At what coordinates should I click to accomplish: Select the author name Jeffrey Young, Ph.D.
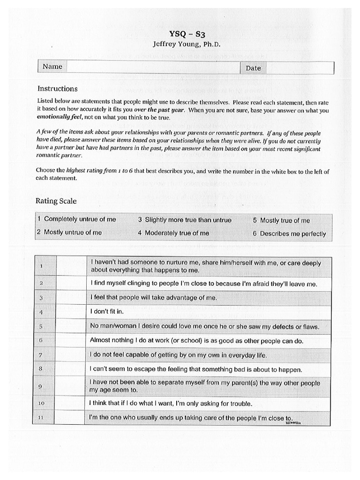pos(187,44)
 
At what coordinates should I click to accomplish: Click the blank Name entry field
pos(153,67)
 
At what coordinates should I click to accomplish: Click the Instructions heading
pos(57,89)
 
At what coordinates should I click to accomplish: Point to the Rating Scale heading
pos(56,201)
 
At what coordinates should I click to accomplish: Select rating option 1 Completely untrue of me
pos(76,219)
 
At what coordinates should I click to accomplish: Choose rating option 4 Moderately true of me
pos(173,233)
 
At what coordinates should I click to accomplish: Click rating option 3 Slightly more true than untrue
pos(184,220)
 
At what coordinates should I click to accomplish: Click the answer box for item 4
pos(70,312)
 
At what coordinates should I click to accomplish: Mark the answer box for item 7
pos(70,355)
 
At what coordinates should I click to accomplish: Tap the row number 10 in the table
pos(41,403)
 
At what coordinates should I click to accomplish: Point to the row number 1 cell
pos(41,266)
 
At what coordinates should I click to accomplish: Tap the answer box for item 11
pos(70,417)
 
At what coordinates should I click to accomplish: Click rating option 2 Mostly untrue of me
pos(69,232)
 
